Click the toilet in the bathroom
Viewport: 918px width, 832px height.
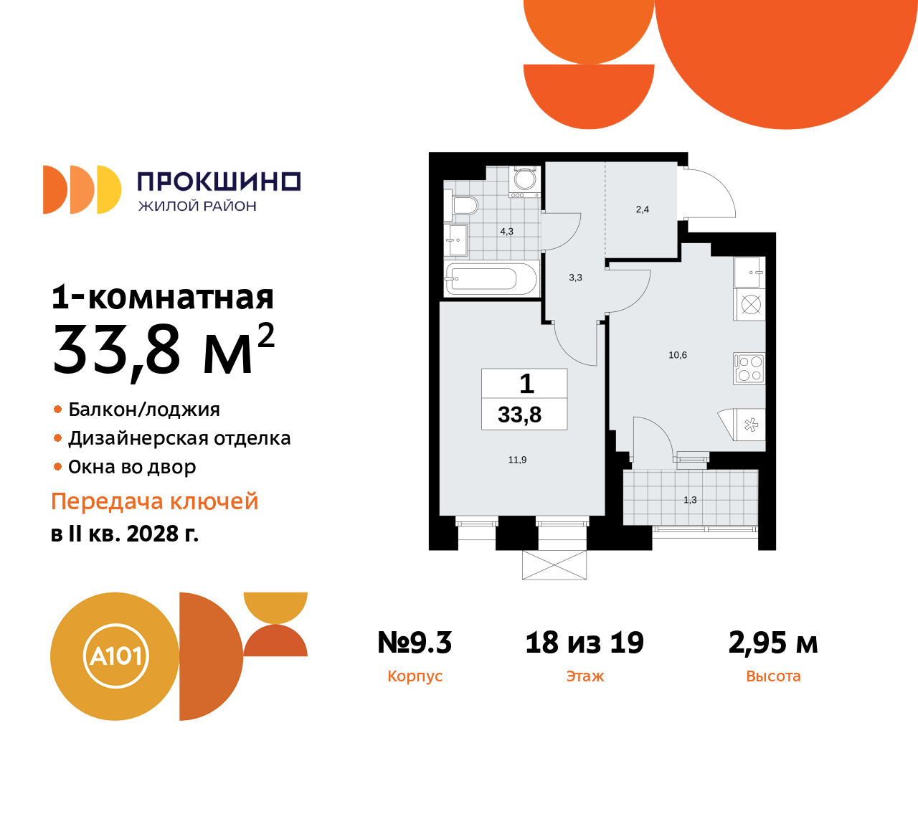tap(464, 206)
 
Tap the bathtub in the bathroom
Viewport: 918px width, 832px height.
tap(491, 278)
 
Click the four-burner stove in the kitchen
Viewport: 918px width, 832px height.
tap(749, 368)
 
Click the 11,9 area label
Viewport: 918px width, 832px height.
tap(517, 460)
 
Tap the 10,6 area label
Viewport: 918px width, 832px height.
tap(678, 355)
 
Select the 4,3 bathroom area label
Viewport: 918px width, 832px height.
tap(506, 232)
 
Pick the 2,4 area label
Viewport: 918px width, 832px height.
tap(642, 209)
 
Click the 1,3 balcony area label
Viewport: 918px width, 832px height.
tap(690, 500)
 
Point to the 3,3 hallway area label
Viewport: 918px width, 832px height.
tap(575, 278)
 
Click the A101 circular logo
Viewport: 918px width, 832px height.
tap(115, 656)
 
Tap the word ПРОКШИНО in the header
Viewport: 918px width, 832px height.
tap(219, 181)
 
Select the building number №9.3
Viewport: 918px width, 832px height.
tap(415, 643)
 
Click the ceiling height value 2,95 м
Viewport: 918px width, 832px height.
tap(773, 643)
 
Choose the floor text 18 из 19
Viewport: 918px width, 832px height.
tap(585, 643)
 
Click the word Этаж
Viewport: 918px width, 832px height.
tap(585, 676)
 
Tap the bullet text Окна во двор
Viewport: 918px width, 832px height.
tap(132, 467)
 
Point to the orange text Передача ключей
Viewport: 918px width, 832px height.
tap(154, 501)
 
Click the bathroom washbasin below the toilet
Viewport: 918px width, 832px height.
tap(456, 240)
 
